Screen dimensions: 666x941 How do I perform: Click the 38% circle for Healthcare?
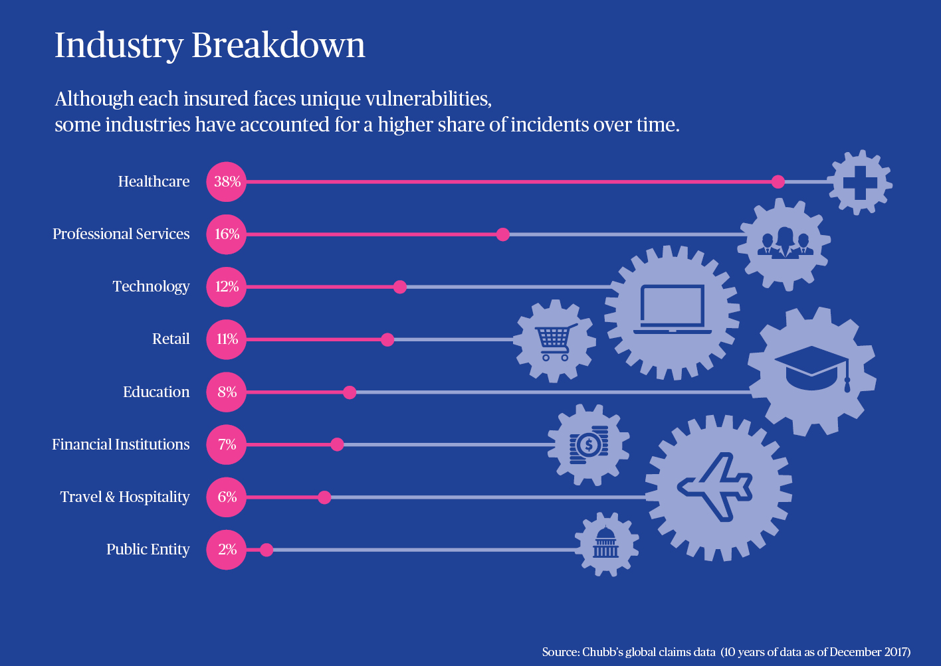(x=227, y=181)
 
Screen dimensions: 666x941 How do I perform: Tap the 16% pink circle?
(x=227, y=234)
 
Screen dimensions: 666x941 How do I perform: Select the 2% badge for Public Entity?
(x=227, y=549)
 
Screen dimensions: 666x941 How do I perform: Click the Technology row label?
(x=151, y=286)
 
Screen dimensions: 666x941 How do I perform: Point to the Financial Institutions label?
(x=120, y=444)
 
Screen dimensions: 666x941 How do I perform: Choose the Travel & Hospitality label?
(x=124, y=497)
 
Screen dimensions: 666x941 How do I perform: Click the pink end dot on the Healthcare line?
(x=778, y=182)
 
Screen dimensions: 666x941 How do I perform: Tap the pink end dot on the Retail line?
(x=387, y=340)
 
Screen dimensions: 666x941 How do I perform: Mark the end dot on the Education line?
(x=350, y=392)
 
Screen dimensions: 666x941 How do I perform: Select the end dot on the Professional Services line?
(x=503, y=234)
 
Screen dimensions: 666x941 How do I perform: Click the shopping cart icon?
(x=554, y=342)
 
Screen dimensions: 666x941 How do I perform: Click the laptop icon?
(x=672, y=309)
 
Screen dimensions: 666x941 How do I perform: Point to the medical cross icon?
(x=860, y=182)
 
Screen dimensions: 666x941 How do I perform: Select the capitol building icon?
(x=605, y=543)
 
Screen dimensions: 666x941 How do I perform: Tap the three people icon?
(x=785, y=243)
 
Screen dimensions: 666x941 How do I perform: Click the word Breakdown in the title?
(x=278, y=46)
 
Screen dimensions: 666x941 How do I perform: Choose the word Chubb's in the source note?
(x=602, y=652)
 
